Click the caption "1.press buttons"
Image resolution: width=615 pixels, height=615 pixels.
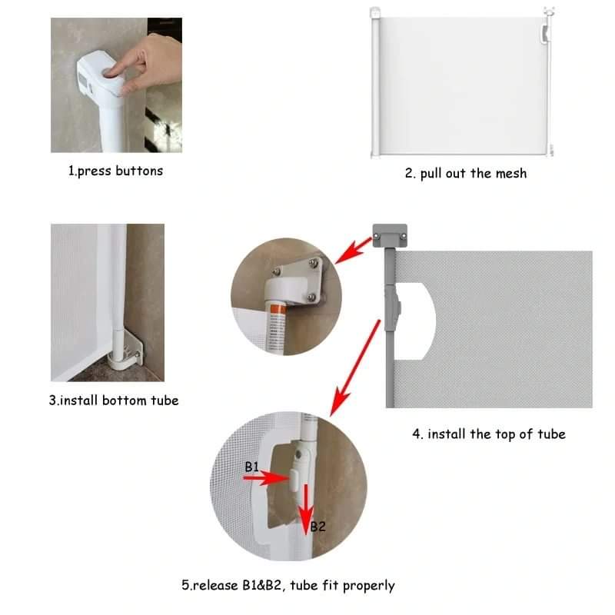pos(116,171)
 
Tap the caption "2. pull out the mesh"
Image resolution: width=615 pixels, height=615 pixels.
pos(466,174)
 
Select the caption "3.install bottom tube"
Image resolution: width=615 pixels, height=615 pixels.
pos(114,401)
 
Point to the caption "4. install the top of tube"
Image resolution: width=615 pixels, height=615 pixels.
pos(489,434)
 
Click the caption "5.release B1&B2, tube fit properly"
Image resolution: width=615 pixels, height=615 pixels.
pos(288,586)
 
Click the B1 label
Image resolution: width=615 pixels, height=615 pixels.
pos(252,467)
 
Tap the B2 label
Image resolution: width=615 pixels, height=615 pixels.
pos(318,527)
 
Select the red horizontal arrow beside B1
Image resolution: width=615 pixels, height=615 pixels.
pos(266,478)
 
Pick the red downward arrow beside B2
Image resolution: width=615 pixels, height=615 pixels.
pos(306,510)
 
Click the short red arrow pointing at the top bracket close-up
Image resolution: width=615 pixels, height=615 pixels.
pos(353,251)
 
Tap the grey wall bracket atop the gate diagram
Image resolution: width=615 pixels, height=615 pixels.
pos(390,235)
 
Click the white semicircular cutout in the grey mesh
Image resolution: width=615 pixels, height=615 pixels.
pos(415,321)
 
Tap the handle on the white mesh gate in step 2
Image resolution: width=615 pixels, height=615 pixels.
pos(545,33)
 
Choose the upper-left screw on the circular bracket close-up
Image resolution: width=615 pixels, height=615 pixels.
pos(278,271)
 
